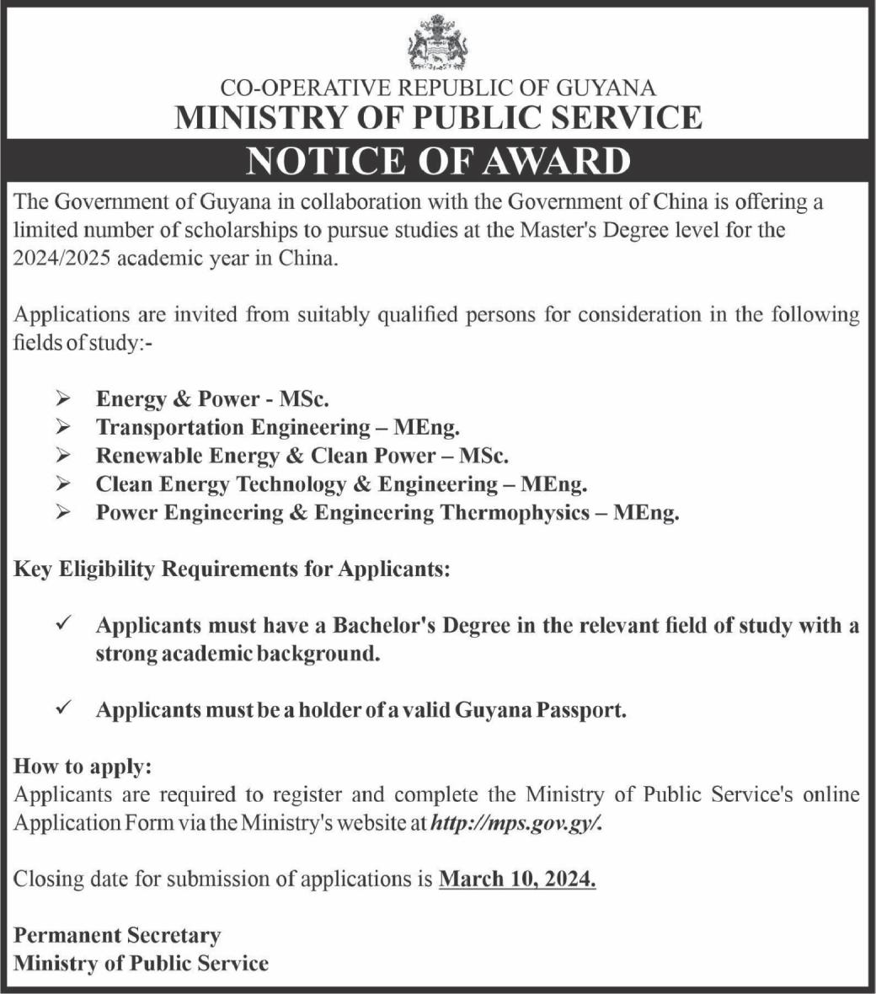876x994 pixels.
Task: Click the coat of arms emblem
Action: pyautogui.click(x=437, y=42)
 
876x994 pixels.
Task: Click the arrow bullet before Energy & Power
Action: pyautogui.click(x=64, y=398)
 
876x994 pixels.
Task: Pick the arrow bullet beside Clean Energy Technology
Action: pyautogui.click(x=64, y=484)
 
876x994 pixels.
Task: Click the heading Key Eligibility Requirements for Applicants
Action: pyautogui.click(x=232, y=569)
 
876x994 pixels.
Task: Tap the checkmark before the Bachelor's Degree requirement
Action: pyautogui.click(x=63, y=625)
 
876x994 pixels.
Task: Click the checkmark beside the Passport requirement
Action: pyautogui.click(x=63, y=709)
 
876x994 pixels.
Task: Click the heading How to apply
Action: pyautogui.click(x=83, y=767)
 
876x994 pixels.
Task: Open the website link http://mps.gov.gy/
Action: pyautogui.click(x=516, y=823)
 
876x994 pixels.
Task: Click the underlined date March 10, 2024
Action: pyautogui.click(x=517, y=879)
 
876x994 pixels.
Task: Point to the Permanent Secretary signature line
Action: pyautogui.click(x=117, y=935)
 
